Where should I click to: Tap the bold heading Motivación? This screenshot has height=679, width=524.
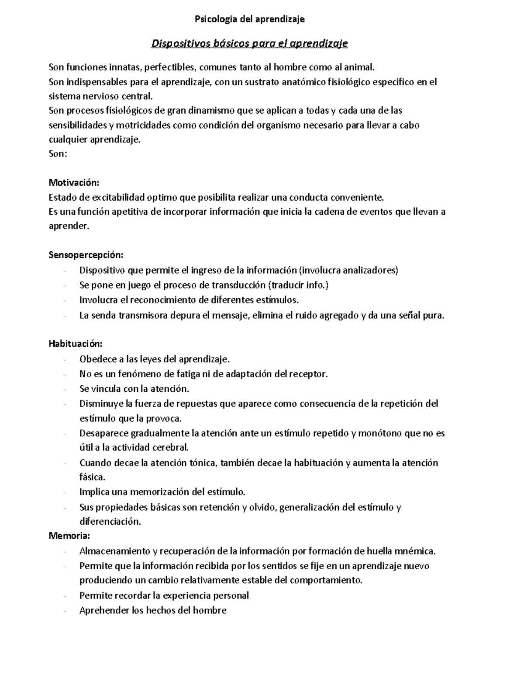coord(74,182)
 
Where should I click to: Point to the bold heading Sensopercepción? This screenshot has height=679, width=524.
coord(86,254)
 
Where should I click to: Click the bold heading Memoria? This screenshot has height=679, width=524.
coord(69,536)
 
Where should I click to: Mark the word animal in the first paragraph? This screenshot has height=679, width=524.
coord(360,67)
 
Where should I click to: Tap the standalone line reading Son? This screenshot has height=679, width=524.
coord(58,154)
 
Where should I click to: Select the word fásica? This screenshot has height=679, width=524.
coord(92,477)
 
